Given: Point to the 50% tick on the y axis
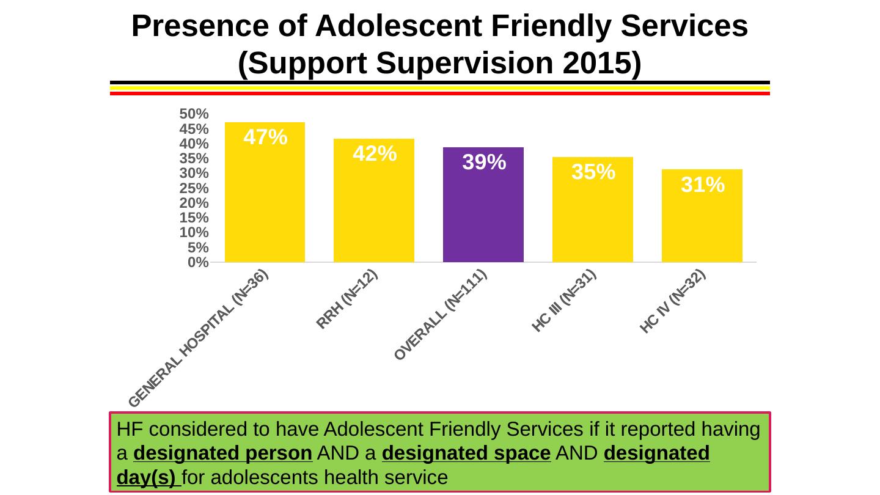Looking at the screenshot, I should tap(193, 114).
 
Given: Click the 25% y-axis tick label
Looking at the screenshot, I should tap(193, 188).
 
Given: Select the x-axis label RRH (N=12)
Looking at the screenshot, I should tap(347, 299).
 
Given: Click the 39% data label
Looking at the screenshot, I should tap(483, 163).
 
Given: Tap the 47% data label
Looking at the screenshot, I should tap(265, 137).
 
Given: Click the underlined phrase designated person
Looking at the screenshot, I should tap(222, 453).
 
